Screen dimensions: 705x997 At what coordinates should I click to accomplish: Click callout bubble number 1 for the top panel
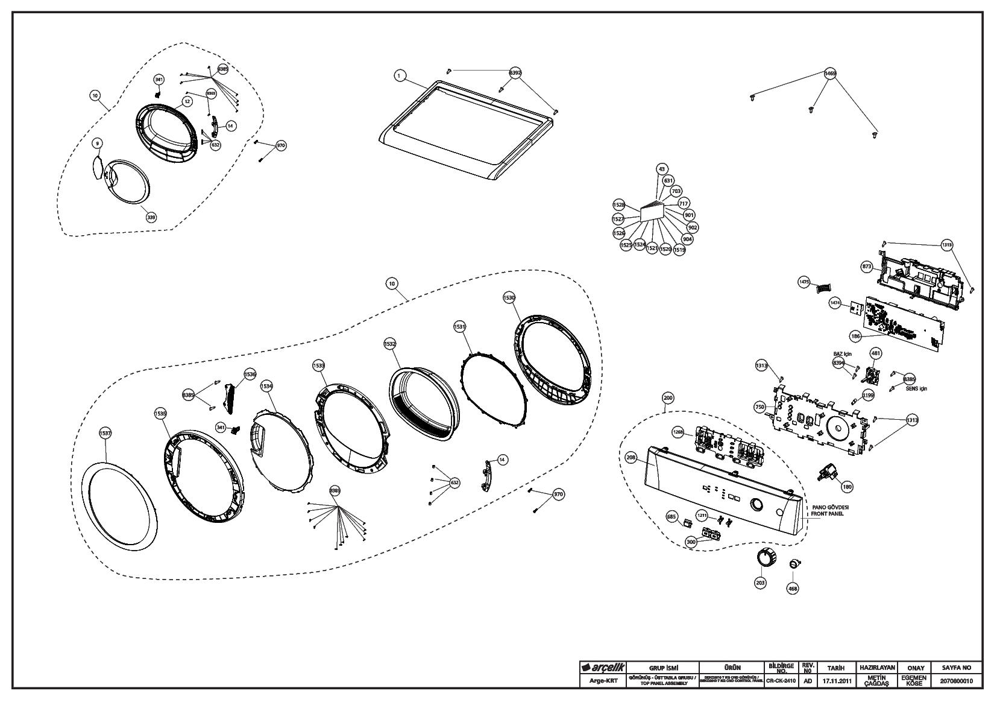point(398,75)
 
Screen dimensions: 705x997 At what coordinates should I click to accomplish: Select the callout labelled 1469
point(830,74)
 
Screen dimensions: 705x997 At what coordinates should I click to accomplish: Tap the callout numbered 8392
point(515,72)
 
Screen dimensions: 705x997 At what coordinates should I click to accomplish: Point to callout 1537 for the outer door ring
point(105,433)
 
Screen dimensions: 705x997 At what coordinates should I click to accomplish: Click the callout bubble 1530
point(509,298)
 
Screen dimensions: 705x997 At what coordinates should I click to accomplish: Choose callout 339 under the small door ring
point(151,217)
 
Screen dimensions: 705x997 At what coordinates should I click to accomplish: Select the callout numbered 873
point(867,265)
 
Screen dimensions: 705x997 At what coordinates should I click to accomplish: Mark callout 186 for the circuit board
point(855,335)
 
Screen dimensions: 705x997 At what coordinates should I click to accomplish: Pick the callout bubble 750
point(760,408)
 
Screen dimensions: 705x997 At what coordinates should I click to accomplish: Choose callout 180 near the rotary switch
point(848,487)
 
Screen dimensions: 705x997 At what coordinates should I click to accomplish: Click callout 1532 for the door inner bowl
point(389,344)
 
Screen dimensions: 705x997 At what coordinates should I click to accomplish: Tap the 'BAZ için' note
point(842,354)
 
